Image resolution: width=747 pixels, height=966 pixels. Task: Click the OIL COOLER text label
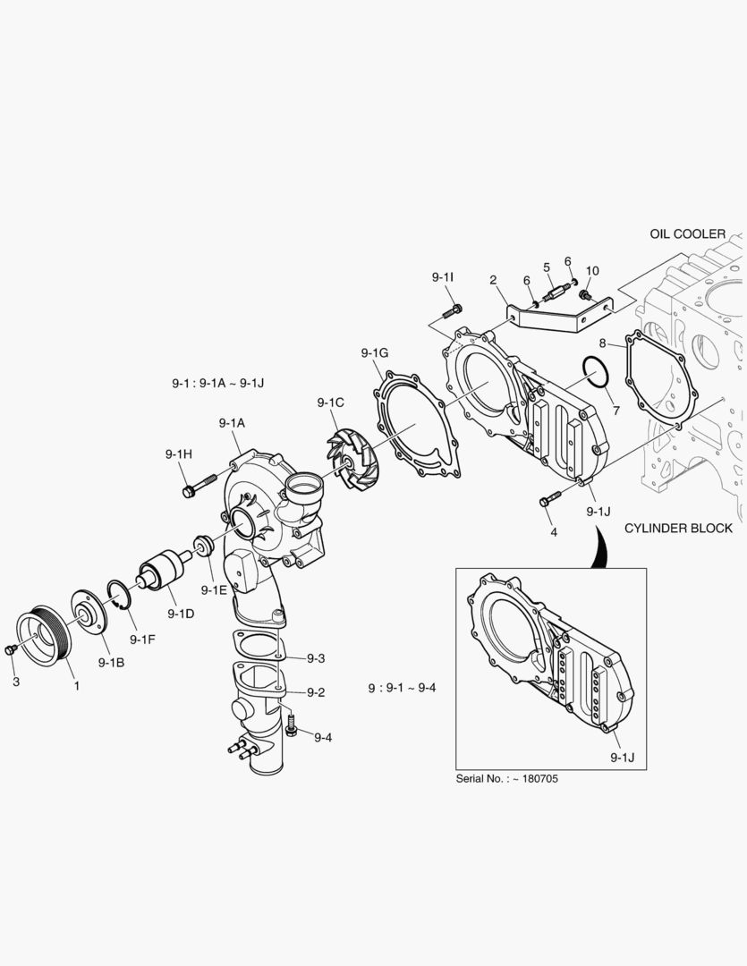tap(688, 233)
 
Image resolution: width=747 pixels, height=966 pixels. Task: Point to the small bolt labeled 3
tap(10, 649)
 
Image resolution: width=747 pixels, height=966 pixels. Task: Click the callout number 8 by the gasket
tap(603, 343)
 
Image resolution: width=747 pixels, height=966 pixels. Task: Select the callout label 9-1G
tap(375, 352)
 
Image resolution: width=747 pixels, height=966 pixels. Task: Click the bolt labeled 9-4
tap(292, 728)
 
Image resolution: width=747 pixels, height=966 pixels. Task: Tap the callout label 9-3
tap(315, 658)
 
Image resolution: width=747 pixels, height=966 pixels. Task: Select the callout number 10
tap(592, 270)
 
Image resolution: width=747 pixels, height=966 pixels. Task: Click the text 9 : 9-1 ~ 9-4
tap(402, 689)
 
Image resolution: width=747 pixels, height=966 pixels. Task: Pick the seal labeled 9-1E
tap(203, 545)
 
